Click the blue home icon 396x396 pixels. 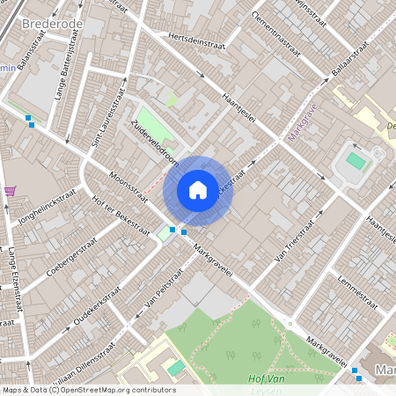[198, 190]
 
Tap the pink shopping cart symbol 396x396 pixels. [10, 190]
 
